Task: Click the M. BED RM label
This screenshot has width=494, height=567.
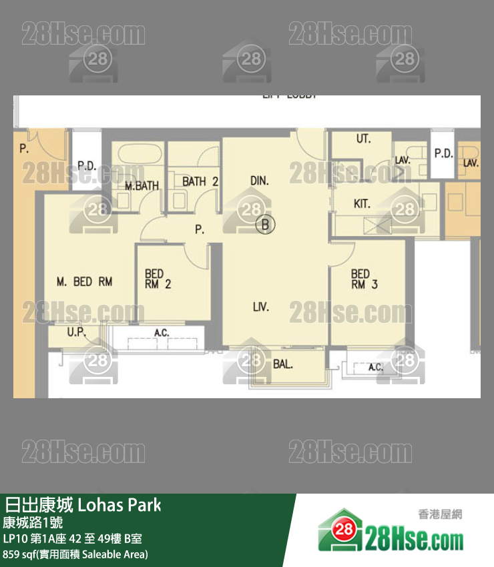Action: click(x=84, y=282)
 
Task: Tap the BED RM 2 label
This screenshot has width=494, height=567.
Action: click(x=158, y=279)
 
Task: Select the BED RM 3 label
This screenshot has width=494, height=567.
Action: click(x=364, y=279)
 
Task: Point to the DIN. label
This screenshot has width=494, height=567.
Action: click(x=259, y=181)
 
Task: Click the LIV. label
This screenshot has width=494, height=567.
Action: click(x=260, y=307)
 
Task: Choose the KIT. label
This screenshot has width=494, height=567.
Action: click(x=362, y=204)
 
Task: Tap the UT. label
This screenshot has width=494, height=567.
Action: click(x=363, y=139)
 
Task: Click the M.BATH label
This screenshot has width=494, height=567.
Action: click(x=142, y=186)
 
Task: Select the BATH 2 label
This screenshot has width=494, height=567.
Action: click(x=200, y=181)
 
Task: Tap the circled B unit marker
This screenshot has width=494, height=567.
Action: click(x=265, y=225)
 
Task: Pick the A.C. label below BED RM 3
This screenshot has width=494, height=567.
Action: click(x=376, y=368)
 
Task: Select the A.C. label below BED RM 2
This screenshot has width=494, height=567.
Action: click(x=161, y=333)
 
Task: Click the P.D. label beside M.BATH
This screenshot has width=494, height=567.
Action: click(x=87, y=165)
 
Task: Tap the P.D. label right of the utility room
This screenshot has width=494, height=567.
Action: click(x=443, y=153)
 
